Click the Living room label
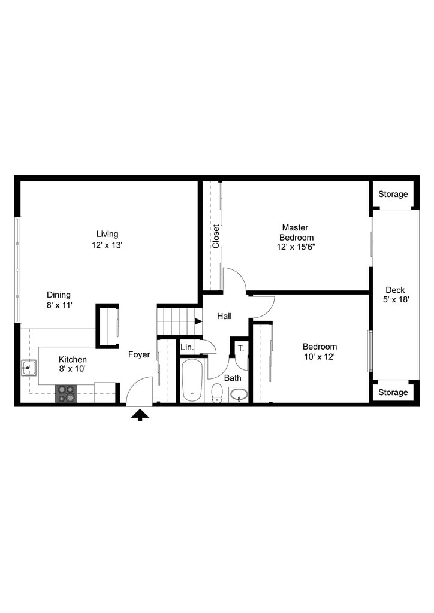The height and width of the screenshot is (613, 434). (x=107, y=234)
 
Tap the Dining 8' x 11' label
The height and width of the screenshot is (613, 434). (x=59, y=300)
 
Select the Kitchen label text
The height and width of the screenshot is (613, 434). (x=72, y=360)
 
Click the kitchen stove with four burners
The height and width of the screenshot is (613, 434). (x=67, y=393)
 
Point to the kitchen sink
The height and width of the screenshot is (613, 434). (x=29, y=368)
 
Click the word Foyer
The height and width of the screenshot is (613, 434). (x=139, y=354)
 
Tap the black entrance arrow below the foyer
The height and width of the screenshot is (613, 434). (x=140, y=414)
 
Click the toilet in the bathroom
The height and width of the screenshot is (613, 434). (x=217, y=393)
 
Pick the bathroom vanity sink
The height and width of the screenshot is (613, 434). (x=239, y=395)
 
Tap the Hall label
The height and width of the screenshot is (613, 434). (x=224, y=316)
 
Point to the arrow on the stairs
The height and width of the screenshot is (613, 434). (x=198, y=321)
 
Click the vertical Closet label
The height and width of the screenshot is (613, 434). (x=216, y=236)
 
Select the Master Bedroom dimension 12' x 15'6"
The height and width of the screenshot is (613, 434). (x=296, y=247)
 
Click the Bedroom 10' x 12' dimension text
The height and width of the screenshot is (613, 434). (x=319, y=357)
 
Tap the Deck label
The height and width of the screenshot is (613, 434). (x=395, y=290)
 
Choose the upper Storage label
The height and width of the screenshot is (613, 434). (x=393, y=194)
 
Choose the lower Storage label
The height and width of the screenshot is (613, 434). (x=393, y=392)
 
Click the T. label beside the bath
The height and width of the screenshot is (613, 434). (x=240, y=348)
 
